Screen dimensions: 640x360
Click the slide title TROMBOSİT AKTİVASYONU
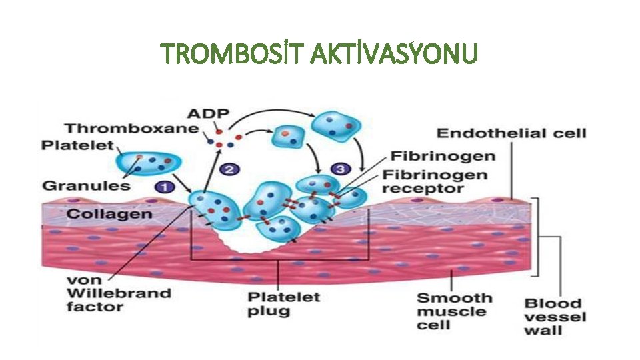[x=320, y=55]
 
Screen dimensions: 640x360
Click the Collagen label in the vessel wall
[x=110, y=215]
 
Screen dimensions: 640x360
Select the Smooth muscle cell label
[x=455, y=311]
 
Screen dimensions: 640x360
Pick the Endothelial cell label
[x=511, y=134]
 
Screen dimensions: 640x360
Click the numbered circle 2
[x=230, y=170]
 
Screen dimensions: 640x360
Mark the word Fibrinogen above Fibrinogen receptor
[x=443, y=157]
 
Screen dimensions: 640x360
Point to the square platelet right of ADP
[x=289, y=137]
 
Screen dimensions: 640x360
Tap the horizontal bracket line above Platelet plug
[x=279, y=259]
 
